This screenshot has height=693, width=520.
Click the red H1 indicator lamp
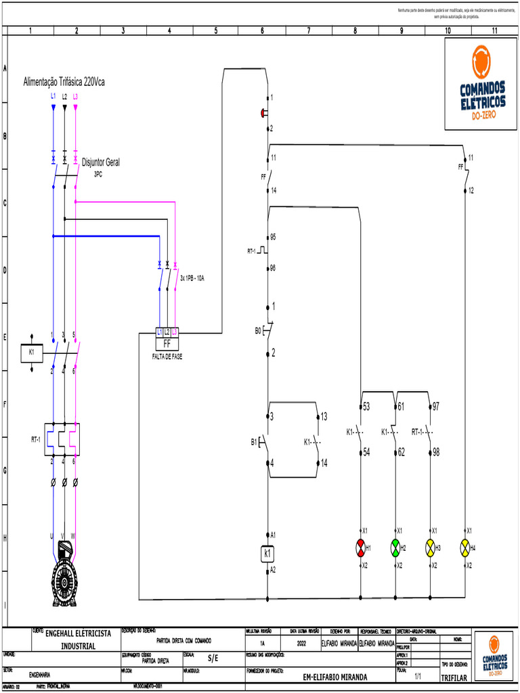(360, 547)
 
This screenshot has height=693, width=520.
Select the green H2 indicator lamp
(395, 547)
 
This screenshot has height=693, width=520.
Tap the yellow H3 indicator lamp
(430, 547)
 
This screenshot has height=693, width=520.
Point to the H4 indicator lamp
(464, 547)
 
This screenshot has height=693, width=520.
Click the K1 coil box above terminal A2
(267, 554)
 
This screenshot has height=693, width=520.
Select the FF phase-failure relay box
(167, 342)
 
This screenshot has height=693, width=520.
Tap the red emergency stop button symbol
(264, 113)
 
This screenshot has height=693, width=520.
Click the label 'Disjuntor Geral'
(101, 162)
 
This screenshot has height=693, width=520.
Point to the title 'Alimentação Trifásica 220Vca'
(64, 81)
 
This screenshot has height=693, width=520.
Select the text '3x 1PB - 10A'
(192, 278)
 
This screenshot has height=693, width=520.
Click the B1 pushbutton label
(255, 443)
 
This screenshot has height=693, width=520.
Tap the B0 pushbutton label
(258, 331)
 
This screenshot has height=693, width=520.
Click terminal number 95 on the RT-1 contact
(273, 238)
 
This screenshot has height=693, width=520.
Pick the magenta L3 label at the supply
(75, 97)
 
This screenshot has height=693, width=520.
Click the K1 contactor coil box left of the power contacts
(31, 352)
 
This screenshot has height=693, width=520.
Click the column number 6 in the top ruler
(262, 30)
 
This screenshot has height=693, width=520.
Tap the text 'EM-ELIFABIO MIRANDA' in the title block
(335, 676)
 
